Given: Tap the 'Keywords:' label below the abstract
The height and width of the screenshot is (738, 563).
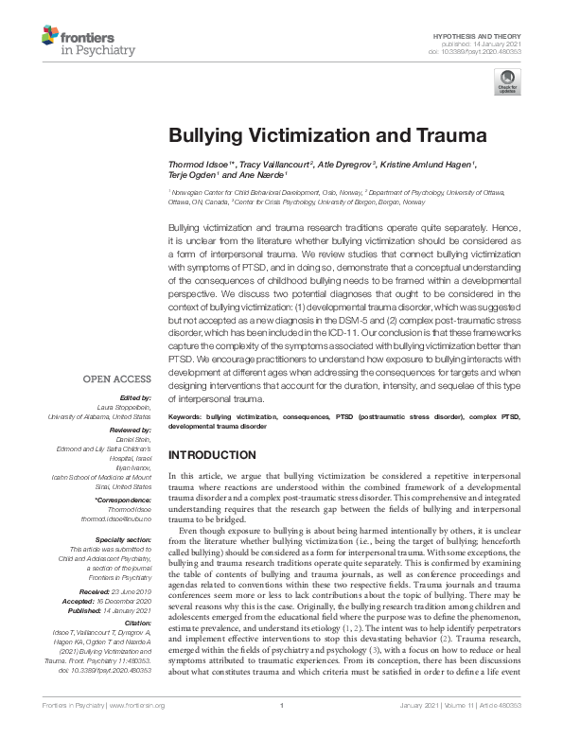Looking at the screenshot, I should pos(185,415).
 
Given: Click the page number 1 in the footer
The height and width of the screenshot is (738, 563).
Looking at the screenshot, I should pos(282,728).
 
